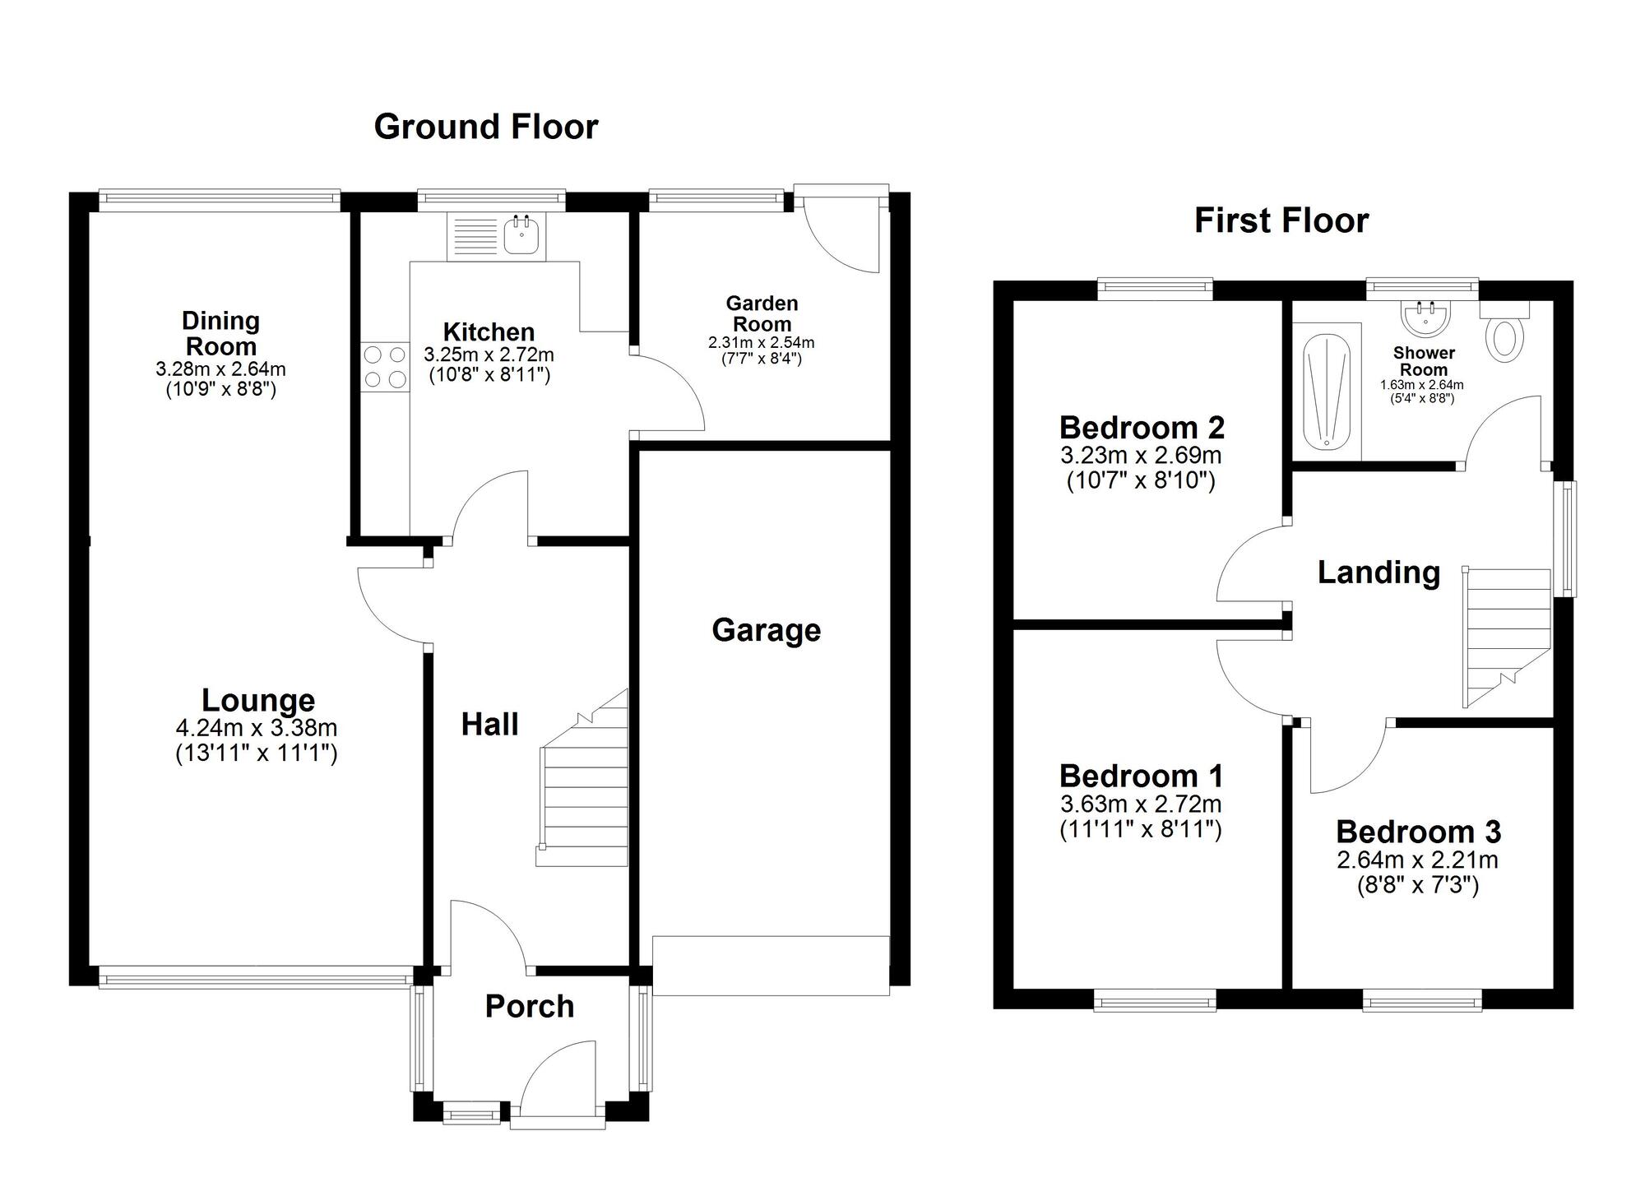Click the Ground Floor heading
point(486,127)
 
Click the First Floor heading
point(1281,220)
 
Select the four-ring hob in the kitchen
point(385,367)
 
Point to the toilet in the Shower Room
point(1505,332)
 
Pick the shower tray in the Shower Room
point(1327,392)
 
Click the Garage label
point(766,630)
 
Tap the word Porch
point(530,1006)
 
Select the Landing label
point(1379,573)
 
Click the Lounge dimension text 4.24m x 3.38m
point(257,728)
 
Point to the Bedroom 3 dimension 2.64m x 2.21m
point(1417,860)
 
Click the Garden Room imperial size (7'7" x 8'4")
point(762,359)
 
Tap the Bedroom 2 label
point(1142,428)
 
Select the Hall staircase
point(582,777)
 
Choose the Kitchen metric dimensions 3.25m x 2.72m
point(489,355)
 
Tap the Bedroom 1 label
point(1141,776)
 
